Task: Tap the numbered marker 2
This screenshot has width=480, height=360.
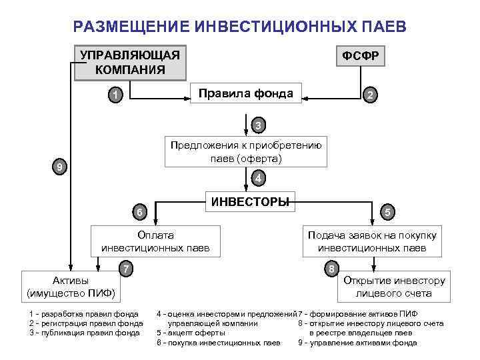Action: tap(370, 97)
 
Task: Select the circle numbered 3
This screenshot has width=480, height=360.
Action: tap(259, 125)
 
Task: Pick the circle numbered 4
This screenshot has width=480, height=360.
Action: tap(259, 179)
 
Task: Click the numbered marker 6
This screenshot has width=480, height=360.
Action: tap(139, 212)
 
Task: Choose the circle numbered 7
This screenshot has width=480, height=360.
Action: tap(125, 269)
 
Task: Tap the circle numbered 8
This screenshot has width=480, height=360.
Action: tap(331, 269)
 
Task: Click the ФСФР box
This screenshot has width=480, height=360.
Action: tap(361, 57)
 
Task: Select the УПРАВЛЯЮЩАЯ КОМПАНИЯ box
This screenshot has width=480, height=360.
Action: tap(130, 62)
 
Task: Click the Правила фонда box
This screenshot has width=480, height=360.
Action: tap(246, 93)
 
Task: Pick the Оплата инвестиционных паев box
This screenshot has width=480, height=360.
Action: tap(155, 241)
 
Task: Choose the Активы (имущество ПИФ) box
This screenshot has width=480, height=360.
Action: tap(70, 286)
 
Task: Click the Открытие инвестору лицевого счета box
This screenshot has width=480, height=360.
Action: tap(393, 287)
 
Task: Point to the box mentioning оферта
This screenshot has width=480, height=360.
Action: tap(246, 152)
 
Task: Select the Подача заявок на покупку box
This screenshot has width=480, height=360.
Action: tap(372, 241)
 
